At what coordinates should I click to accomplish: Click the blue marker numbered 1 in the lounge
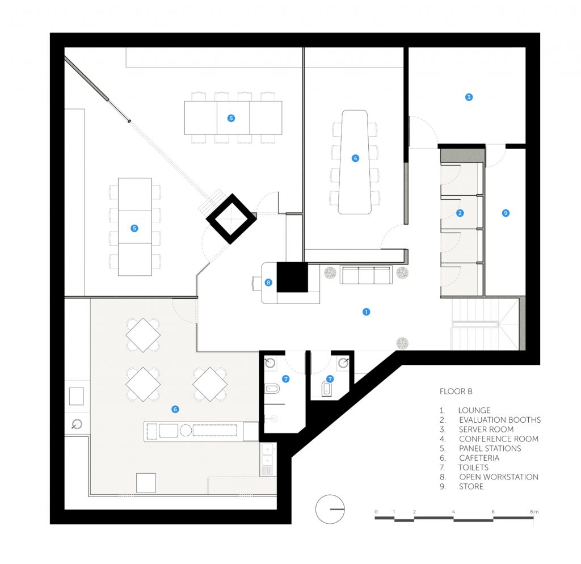tap(366, 312)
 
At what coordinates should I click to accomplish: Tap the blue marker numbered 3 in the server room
tap(469, 97)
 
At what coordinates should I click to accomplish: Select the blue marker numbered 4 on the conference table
tap(355, 158)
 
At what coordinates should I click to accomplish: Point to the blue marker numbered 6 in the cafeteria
tap(175, 409)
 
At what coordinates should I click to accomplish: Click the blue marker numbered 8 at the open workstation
tap(268, 283)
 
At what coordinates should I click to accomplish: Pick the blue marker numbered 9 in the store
tap(506, 213)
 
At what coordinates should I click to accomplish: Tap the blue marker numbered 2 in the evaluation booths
tap(460, 213)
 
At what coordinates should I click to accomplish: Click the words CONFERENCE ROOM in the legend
tap(498, 439)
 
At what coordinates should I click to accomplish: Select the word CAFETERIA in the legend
tap(479, 458)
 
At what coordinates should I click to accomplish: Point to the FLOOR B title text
tap(456, 392)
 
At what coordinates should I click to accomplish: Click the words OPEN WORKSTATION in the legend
tap(498, 477)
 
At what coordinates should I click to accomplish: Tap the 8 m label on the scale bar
tap(534, 511)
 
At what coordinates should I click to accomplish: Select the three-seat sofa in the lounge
tap(366, 275)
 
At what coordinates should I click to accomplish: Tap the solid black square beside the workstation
tap(292, 277)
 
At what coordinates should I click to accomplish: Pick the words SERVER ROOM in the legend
tap(486, 429)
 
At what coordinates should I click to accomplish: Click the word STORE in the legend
tap(471, 487)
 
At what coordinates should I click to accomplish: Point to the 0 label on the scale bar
tap(376, 512)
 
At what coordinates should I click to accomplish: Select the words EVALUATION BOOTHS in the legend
tap(500, 420)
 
